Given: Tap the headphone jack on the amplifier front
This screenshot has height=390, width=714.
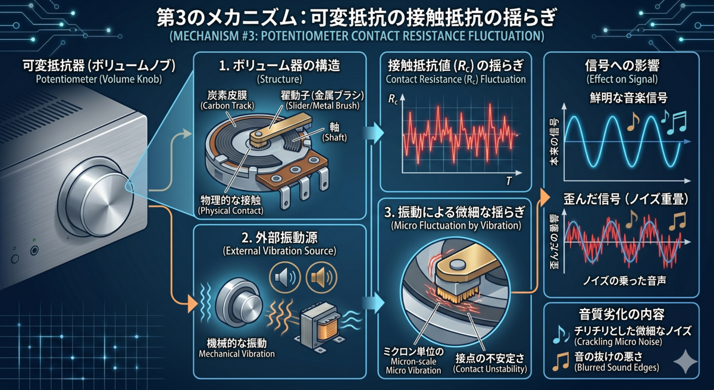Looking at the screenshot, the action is tap(34, 250).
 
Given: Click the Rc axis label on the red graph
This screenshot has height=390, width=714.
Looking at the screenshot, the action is tap(393, 99).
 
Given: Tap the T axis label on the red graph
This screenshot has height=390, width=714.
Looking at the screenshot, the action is tap(509, 181).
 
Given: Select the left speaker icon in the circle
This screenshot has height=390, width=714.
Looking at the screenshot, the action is tap(284, 277).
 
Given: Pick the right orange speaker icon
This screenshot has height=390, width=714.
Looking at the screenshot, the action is tap(321, 277).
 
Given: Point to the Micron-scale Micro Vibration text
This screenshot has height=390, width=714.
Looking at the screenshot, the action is tap(414, 366).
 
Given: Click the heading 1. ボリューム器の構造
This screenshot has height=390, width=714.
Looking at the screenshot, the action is tap(280, 65).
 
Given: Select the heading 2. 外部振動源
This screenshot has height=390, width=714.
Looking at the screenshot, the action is tap(280, 238).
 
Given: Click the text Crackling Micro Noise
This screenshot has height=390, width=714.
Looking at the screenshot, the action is tap(618, 342).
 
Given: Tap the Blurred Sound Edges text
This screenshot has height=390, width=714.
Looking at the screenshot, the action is tap(616, 367).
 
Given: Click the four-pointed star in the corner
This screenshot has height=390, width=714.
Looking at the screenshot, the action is tap(685, 361).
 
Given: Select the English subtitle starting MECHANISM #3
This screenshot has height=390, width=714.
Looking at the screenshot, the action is tap(356, 36).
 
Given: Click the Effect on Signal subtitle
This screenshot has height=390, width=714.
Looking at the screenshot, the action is tap(622, 79).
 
